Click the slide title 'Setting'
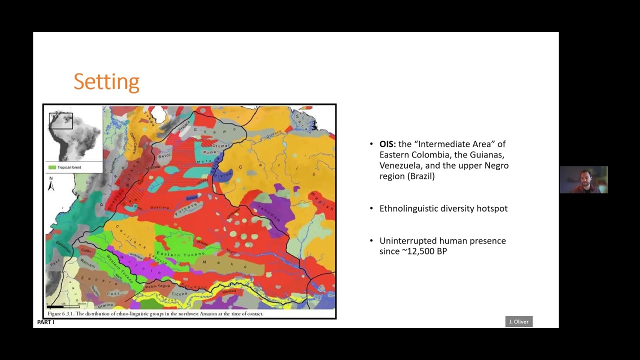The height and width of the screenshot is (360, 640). (x=106, y=82)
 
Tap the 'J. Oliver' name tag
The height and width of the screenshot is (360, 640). (x=518, y=321)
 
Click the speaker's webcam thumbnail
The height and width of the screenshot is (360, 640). (x=583, y=180)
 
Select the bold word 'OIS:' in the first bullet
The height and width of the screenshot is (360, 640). (x=388, y=144)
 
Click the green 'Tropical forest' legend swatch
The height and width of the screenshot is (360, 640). (x=51, y=167)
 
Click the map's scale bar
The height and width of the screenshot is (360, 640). (x=63, y=304)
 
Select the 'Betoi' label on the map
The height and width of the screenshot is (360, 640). (x=164, y=155)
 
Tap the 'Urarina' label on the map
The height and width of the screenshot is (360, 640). (x=106, y=304)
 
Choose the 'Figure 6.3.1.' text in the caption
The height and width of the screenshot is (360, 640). (x=61, y=314)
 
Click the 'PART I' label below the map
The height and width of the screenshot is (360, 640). (x=45, y=322)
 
